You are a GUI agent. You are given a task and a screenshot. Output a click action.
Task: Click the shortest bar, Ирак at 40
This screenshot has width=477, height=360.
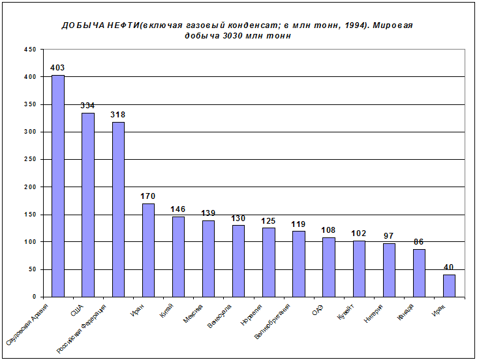[x=449, y=286]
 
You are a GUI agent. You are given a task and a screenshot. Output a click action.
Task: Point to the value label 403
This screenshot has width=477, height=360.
[x=57, y=67]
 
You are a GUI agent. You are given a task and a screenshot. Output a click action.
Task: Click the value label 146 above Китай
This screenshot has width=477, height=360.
[x=178, y=209]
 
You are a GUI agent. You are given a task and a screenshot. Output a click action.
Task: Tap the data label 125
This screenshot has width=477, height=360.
[x=268, y=221]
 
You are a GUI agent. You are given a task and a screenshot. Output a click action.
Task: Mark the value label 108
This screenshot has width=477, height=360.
[x=328, y=230]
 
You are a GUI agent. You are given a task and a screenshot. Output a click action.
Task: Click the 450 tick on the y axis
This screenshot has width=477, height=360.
[x=30, y=50]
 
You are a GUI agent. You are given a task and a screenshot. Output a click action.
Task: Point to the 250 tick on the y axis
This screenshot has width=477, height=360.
[x=30, y=159]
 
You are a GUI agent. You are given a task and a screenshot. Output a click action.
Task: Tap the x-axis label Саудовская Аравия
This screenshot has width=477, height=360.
[x=25, y=323]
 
